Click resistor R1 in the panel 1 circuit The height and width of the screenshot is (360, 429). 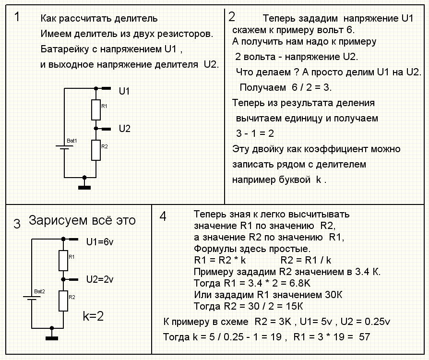coord(96,110)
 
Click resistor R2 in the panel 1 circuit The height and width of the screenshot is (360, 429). coord(96,150)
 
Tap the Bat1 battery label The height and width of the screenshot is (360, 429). coord(72,141)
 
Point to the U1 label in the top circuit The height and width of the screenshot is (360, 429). coord(124,91)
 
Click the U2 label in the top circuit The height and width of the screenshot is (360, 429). coord(124,128)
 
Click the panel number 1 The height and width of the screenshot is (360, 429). coord(17,17)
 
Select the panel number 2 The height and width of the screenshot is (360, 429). coord(232,17)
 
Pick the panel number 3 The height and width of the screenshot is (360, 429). coord(17,224)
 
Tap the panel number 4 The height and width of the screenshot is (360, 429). coord(163,216)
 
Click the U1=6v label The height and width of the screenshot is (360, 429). coord(100,242)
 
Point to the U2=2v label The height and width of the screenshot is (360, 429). coord(100,279)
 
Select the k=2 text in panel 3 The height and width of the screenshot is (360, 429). coord(93,316)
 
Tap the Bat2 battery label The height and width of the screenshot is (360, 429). coord(39,291)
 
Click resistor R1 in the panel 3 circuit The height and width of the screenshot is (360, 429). coord(63,260)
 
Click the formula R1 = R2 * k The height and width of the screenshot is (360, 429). coord(220,260)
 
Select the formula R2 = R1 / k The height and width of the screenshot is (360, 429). coord(306,260)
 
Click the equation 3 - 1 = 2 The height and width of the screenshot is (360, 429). coord(255,133)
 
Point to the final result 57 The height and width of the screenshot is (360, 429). coord(364,337)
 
